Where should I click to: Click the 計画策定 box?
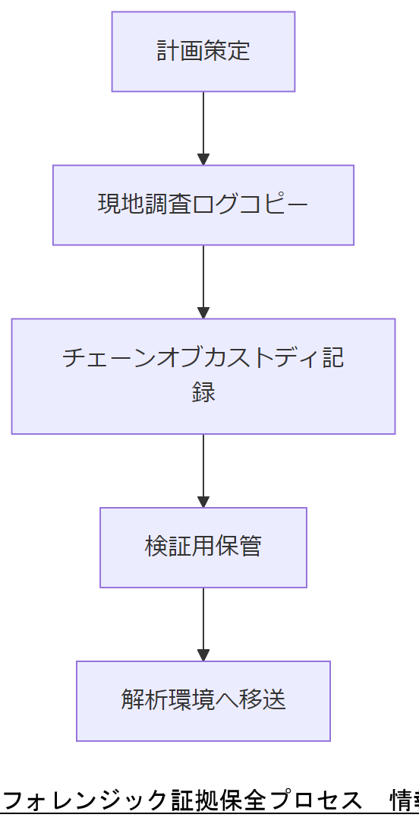pyautogui.click(x=203, y=52)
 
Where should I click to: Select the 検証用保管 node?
pyautogui.click(x=203, y=547)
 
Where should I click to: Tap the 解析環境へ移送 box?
pyautogui.click(x=203, y=701)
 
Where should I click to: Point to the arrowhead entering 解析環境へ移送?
pyautogui.click(x=203, y=655)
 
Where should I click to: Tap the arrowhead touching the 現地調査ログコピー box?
pyautogui.click(x=203, y=160)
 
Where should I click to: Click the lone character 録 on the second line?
pyautogui.click(x=203, y=392)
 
